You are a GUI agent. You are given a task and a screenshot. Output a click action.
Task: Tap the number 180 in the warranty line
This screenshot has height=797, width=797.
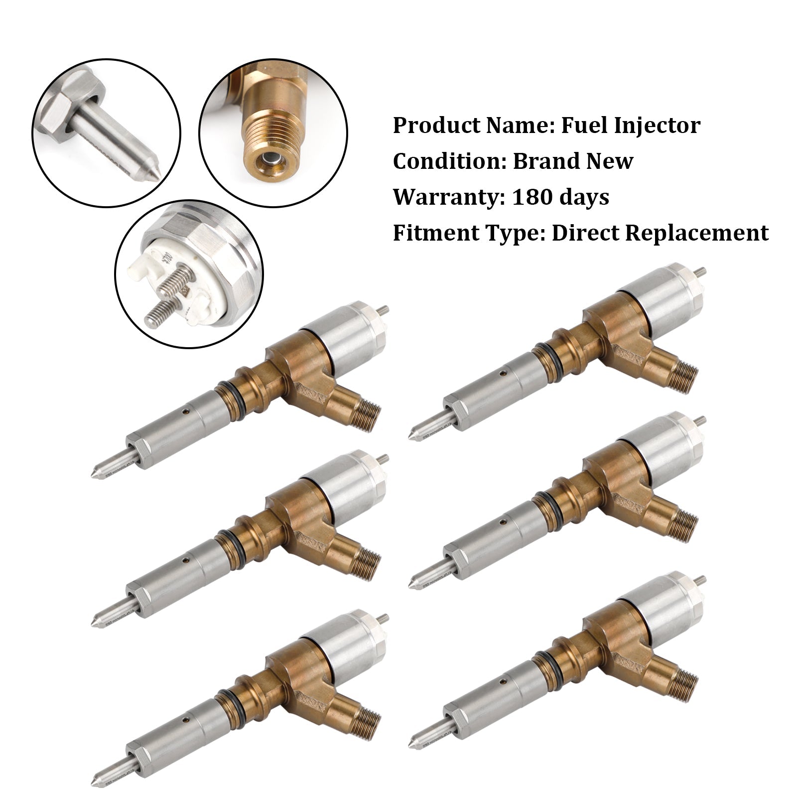(529, 197)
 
